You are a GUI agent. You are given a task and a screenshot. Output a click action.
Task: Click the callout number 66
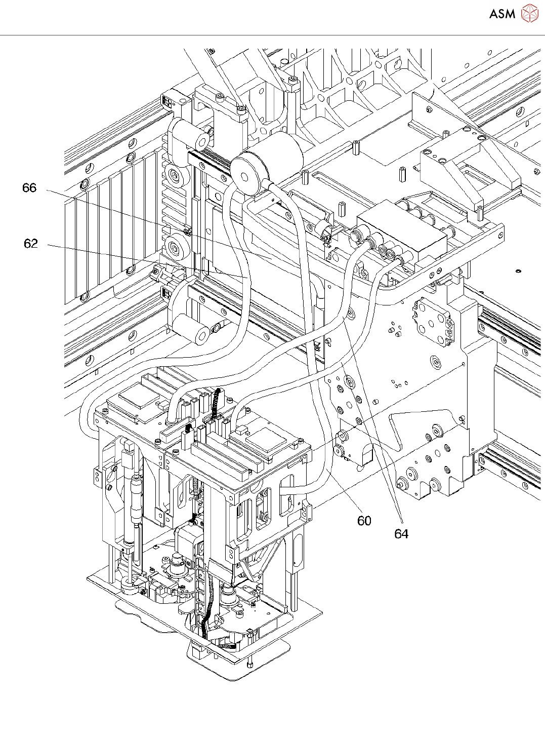29,188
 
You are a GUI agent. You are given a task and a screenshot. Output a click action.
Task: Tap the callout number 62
31,244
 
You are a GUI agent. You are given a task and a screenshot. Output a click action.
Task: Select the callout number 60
364,521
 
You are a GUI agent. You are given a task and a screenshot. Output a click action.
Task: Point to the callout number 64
401,533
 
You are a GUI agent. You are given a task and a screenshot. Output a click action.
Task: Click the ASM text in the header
502,14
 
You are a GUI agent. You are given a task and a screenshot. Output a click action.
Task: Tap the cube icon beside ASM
530,13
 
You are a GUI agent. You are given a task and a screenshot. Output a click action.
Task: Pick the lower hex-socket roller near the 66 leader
176,248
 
